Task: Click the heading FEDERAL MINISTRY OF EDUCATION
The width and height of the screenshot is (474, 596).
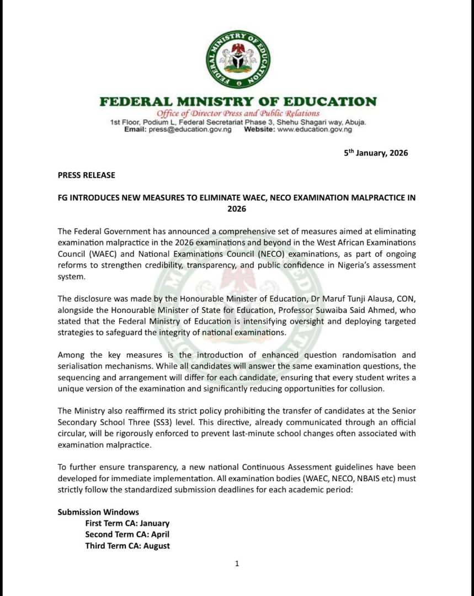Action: click(238, 102)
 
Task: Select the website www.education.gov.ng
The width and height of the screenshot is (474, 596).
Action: click(314, 129)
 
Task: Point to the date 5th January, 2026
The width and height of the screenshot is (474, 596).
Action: click(376, 153)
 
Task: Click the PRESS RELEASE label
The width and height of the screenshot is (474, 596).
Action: click(87, 175)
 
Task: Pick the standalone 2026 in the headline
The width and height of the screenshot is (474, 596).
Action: click(237, 209)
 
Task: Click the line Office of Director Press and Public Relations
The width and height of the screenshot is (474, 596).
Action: click(238, 113)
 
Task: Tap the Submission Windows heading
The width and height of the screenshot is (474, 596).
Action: click(98, 512)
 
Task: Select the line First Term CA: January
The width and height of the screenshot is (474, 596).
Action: click(127, 523)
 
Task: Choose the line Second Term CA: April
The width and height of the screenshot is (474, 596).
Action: click(127, 534)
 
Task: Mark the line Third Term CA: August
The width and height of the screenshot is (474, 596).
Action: click(127, 546)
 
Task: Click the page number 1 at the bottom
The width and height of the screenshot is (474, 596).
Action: click(237, 563)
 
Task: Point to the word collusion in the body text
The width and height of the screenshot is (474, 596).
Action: click(365, 389)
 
